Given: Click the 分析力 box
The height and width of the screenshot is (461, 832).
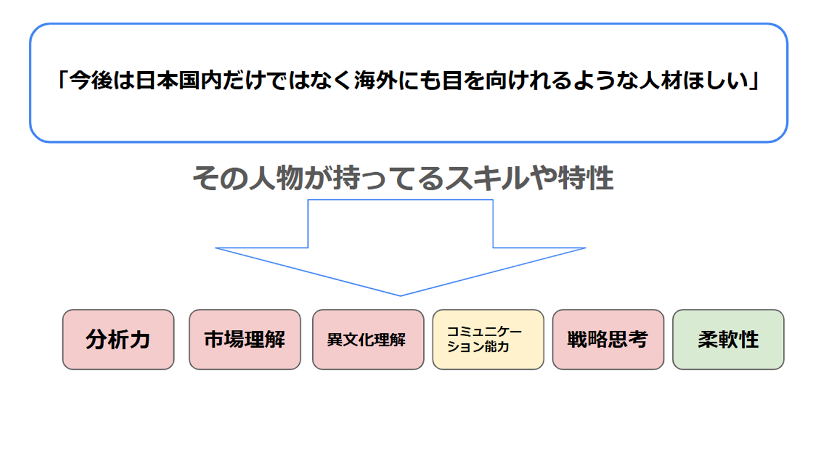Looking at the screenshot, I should pyautogui.click(x=118, y=340).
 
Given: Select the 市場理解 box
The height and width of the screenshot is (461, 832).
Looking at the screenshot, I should pyautogui.click(x=244, y=340).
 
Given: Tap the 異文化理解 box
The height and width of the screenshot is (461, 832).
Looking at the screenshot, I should pyautogui.click(x=367, y=340).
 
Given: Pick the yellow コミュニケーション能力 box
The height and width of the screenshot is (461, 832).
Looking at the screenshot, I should pyautogui.click(x=488, y=340).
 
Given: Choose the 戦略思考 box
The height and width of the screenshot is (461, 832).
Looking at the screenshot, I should pyautogui.click(x=608, y=340).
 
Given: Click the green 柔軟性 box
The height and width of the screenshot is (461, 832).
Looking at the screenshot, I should pyautogui.click(x=728, y=340).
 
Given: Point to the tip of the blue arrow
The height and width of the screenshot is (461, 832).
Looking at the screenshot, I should pyautogui.click(x=400, y=295).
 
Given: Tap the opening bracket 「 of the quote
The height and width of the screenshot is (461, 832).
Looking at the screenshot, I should pyautogui.click(x=62, y=83).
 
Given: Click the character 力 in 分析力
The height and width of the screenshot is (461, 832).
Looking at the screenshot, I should pyautogui.click(x=139, y=340).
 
